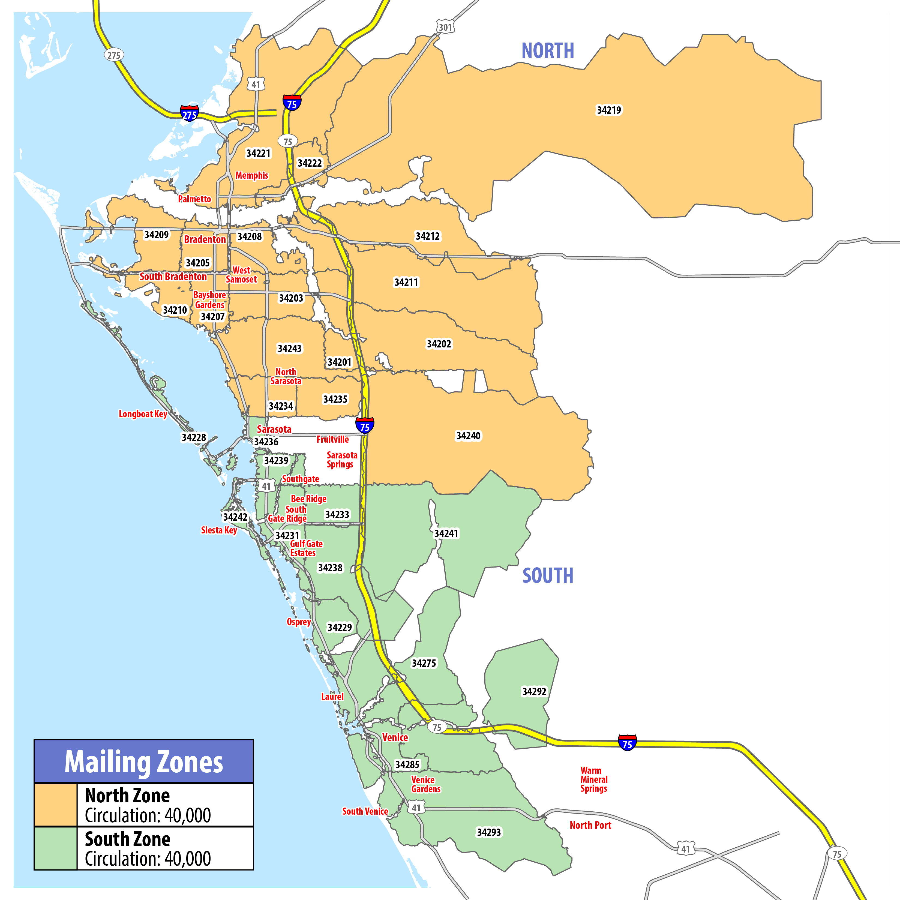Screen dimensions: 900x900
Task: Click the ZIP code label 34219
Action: pyautogui.click(x=609, y=110)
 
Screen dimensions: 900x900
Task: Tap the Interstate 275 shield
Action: pyautogui.click(x=189, y=113)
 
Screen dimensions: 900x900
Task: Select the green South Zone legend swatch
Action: pyautogui.click(x=55, y=848)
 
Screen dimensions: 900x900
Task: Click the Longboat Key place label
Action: pyautogui.click(x=143, y=414)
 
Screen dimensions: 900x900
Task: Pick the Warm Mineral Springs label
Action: pyautogui.click(x=593, y=779)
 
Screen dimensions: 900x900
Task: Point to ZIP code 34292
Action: pyautogui.click(x=534, y=692)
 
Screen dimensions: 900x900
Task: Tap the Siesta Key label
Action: pyautogui.click(x=219, y=530)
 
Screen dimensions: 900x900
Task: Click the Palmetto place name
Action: pyautogui.click(x=194, y=199)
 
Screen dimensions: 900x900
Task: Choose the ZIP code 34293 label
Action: pyautogui.click(x=489, y=832)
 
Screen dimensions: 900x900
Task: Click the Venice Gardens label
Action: pyautogui.click(x=425, y=784)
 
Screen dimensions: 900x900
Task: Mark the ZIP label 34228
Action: pyautogui.click(x=194, y=437)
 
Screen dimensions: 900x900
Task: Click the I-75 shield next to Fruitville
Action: pyautogui.click(x=364, y=425)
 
